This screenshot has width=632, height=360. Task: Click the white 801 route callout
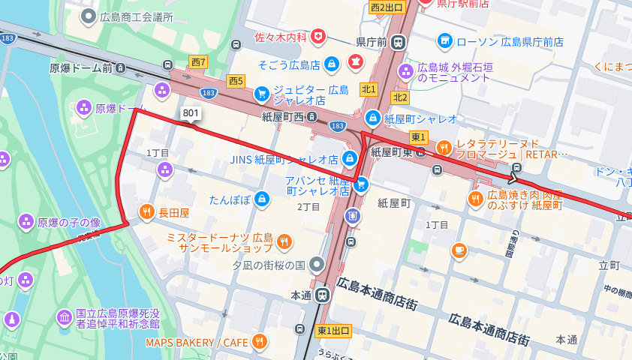191,113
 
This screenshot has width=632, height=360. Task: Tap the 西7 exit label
198,62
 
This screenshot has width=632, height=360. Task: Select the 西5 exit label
236,80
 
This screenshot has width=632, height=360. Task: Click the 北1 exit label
369,89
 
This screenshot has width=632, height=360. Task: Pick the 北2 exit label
400,97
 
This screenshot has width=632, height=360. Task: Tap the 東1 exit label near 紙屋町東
418,136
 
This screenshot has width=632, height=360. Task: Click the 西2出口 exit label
387,7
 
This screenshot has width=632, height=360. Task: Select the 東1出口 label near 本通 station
334,331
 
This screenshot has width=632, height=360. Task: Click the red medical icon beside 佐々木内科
320,36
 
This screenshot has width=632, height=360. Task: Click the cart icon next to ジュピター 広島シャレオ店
261,94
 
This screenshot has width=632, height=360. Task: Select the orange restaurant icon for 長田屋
146,212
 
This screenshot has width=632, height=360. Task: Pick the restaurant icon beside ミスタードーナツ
284,241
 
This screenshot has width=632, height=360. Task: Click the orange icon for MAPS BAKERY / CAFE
260,342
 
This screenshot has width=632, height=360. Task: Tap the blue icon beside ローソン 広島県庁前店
445,40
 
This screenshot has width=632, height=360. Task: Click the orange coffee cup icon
459,250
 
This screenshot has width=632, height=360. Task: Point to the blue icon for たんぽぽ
262,199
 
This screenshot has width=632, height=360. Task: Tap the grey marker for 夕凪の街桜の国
316,264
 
